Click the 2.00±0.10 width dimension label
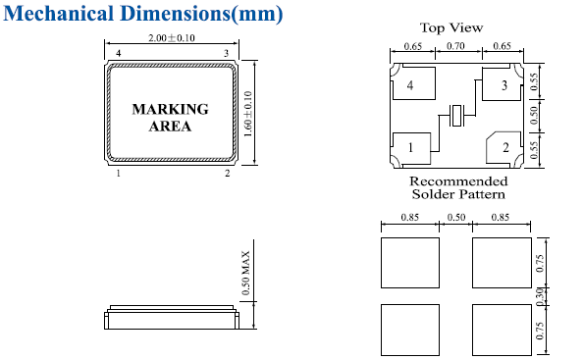[x=172, y=38]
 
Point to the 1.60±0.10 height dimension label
[x=248, y=114]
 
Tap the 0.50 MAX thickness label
[x=245, y=273]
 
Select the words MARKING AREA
[x=171, y=118]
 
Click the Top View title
[x=451, y=27]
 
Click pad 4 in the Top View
[x=414, y=83]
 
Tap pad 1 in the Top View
[x=411, y=148]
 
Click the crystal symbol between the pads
[x=455, y=115]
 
